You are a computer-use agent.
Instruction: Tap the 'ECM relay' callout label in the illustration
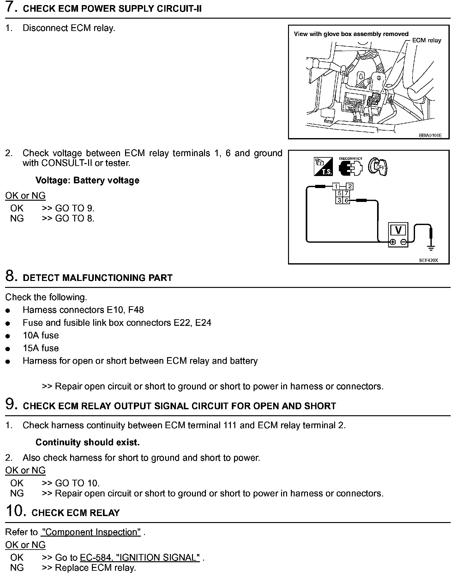426,40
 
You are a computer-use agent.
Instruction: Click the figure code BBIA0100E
430,135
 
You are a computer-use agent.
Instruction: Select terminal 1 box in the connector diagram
336,186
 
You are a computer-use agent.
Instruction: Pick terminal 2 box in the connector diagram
350,186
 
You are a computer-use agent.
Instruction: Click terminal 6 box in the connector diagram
346,200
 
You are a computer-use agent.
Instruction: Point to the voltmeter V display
398,230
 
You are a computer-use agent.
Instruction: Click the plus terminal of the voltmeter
393,242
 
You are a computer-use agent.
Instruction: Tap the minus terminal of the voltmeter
403,242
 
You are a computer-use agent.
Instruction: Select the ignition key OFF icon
378,167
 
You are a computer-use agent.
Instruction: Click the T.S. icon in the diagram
323,167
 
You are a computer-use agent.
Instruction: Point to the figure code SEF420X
429,260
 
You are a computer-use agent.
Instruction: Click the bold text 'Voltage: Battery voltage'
87,180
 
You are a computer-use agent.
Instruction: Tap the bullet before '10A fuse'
8,336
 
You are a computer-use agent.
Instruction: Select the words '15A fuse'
41,348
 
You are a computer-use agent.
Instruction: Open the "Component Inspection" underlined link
91,532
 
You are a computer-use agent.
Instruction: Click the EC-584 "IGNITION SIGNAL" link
140,557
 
